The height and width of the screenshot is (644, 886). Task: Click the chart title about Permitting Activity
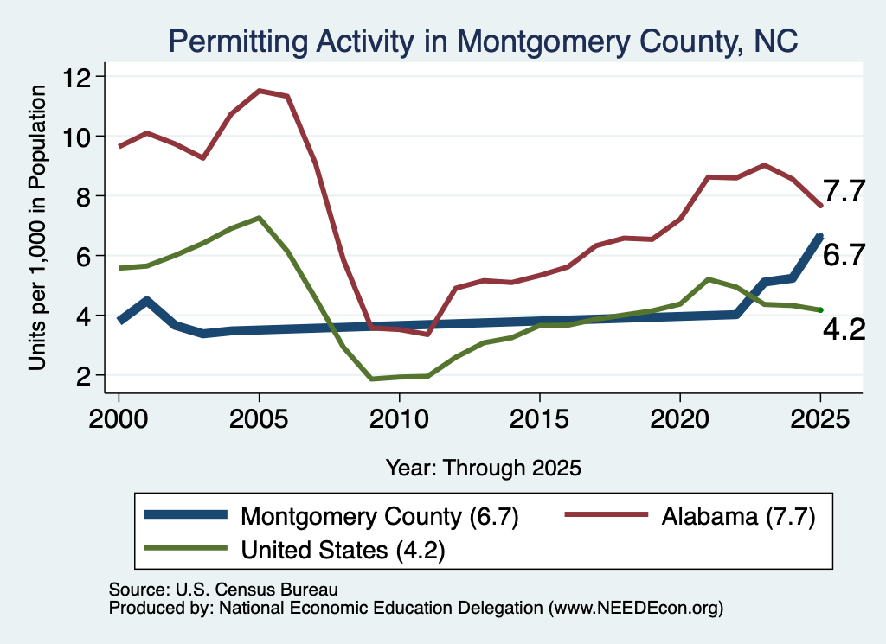click(x=483, y=41)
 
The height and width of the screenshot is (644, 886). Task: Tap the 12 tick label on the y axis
click(x=77, y=77)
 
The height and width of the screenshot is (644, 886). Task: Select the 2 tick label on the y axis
click(x=84, y=375)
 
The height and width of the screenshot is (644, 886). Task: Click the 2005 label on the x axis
click(x=259, y=419)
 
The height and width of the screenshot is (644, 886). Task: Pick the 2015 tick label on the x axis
click(x=540, y=419)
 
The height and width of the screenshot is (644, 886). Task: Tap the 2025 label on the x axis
click(x=820, y=419)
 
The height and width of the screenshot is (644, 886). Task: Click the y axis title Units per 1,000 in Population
click(x=36, y=228)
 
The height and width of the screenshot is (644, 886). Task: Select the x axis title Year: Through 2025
click(x=484, y=468)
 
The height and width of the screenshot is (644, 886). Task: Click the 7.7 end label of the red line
click(x=844, y=191)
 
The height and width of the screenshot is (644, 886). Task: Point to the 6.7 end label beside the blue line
click(x=844, y=255)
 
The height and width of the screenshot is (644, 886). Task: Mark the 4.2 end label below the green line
click(x=844, y=329)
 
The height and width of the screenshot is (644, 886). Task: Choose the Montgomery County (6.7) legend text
click(x=379, y=516)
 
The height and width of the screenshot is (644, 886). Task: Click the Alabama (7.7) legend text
click(x=739, y=516)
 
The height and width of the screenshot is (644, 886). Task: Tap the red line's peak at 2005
click(x=259, y=90)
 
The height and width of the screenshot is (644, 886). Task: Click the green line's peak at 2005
click(x=259, y=218)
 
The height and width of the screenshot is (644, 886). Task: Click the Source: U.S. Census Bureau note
click(x=223, y=590)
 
